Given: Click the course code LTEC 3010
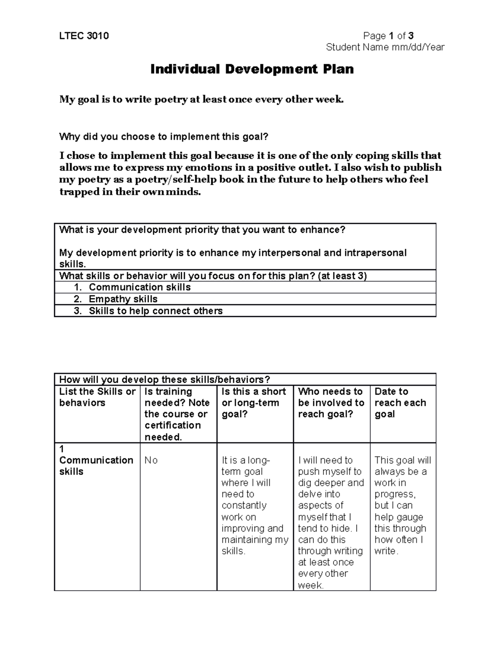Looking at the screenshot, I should coord(84,36).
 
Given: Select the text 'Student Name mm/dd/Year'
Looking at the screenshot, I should coord(385,47).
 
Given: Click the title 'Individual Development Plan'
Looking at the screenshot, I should coord(252,69).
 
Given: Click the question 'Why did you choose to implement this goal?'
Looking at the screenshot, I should coord(163,136).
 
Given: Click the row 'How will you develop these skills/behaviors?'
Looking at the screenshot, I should coord(165,380).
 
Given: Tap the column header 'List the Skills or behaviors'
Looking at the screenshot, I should coord(97,397).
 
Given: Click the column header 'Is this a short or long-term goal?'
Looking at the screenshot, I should coord(254,403).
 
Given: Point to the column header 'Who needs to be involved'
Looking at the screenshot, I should coord(331,403).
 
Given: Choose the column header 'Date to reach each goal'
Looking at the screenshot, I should coord(400,403).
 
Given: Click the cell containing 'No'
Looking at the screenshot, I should coord(151,460).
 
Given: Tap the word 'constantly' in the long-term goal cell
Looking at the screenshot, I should coord(244,505).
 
